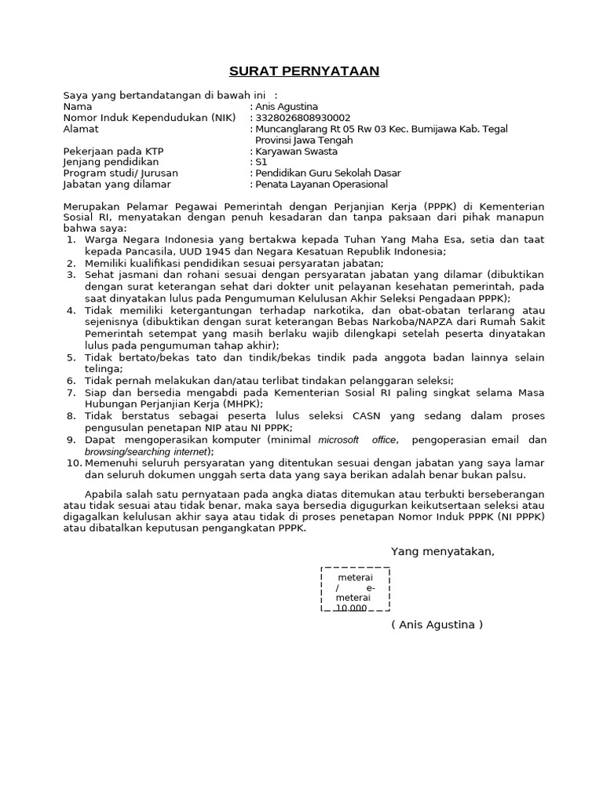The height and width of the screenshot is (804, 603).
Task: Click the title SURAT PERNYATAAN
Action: (x=304, y=71)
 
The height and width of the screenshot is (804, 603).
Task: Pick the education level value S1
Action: (x=262, y=162)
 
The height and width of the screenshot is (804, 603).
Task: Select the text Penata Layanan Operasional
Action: (x=322, y=184)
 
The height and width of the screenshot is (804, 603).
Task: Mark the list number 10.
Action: (x=74, y=463)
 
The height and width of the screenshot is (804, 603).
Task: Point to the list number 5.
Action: (x=70, y=357)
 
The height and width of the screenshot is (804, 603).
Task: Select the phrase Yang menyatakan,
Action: (x=443, y=551)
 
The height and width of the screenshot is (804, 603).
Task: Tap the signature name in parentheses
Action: (x=437, y=624)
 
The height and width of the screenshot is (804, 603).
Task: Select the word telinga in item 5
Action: (x=103, y=368)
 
